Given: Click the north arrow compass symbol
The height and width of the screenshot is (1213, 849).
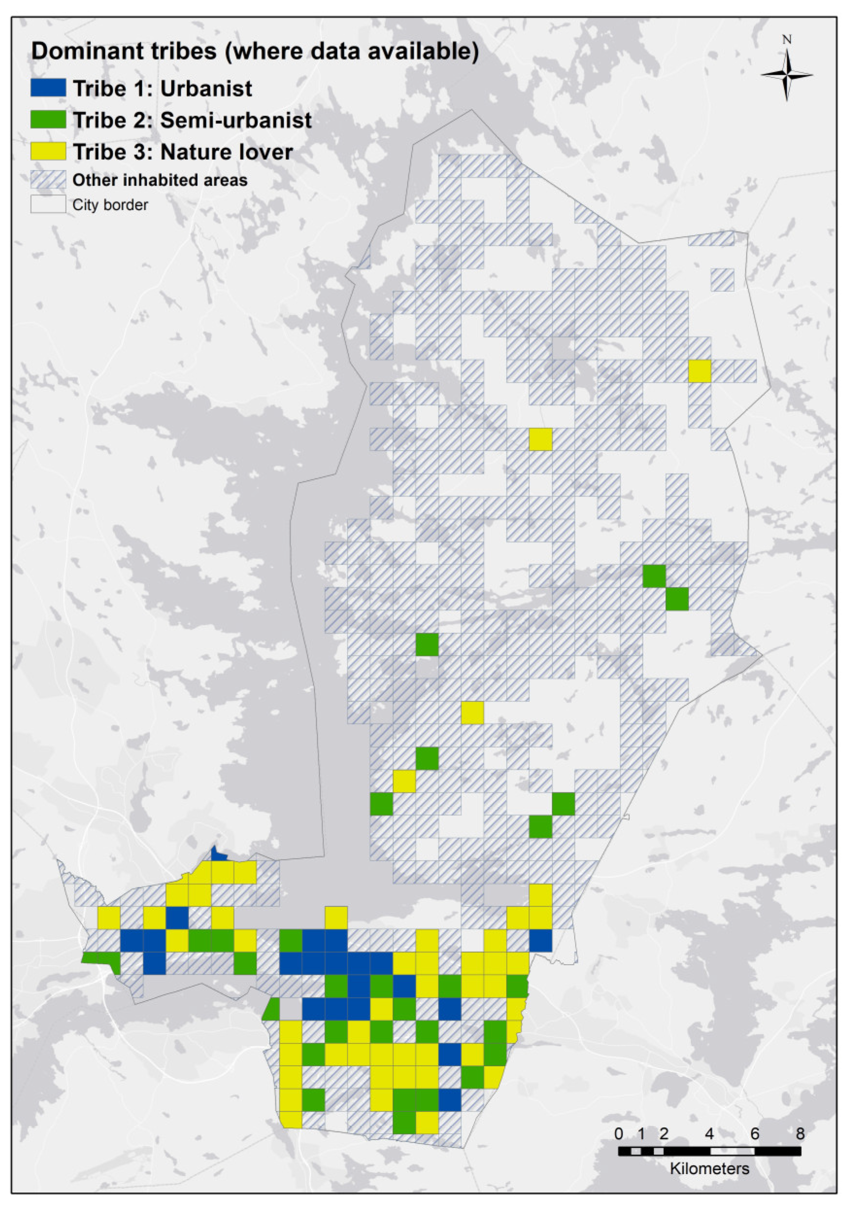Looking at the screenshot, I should [x=787, y=74].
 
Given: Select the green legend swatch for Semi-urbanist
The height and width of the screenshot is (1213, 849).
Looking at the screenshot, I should [x=48, y=120].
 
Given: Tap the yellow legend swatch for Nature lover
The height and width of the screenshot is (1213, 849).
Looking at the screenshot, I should [x=48, y=151].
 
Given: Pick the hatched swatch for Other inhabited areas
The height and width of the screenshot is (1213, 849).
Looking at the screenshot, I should [x=48, y=180].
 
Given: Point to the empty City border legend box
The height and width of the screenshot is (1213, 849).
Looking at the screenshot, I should [x=48, y=205].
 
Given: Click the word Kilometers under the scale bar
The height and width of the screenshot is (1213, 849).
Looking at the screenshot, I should [x=710, y=1169].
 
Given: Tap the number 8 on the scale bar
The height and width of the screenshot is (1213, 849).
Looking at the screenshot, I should [x=800, y=1134].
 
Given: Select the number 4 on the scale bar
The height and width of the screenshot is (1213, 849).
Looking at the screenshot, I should [x=710, y=1134].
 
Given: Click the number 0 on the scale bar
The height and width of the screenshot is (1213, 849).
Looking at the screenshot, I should [x=619, y=1134].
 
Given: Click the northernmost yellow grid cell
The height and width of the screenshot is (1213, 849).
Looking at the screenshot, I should [x=699, y=371].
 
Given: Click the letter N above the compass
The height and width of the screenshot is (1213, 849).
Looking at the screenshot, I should [x=787, y=40].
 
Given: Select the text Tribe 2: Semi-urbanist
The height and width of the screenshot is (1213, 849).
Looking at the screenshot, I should [x=192, y=120].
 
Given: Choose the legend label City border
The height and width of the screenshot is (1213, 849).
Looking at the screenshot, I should [x=110, y=205].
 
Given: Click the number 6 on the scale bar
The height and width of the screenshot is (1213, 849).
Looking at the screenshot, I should [x=754, y=1134].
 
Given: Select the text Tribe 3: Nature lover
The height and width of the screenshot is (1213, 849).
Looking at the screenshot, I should [x=182, y=152].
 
